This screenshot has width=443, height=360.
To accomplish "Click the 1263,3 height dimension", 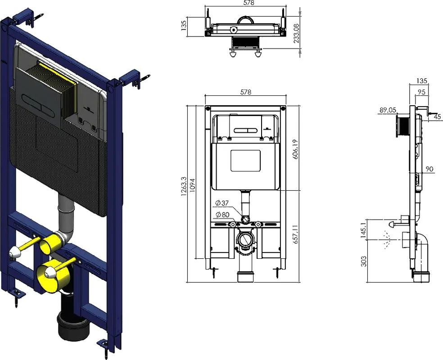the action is click(184, 187).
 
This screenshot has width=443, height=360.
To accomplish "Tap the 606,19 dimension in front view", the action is click(296, 149).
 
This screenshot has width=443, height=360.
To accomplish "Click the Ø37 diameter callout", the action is click(222, 203).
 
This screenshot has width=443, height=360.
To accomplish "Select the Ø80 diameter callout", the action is click(222, 215).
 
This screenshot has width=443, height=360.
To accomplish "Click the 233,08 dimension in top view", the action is click(296, 33).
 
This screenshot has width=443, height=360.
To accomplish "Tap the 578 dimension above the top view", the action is click(249, 3).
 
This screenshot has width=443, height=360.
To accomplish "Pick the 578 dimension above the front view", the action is click(245, 92).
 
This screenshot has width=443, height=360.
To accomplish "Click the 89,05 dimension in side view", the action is click(388, 110).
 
